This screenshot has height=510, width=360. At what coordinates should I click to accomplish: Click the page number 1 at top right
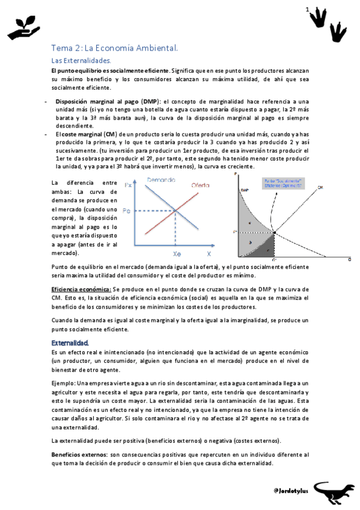307,10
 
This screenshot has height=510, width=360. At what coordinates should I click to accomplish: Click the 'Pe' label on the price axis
126,211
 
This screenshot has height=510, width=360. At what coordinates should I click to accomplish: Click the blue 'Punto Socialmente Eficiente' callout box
282,183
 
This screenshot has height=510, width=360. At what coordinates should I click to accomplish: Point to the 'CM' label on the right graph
320,188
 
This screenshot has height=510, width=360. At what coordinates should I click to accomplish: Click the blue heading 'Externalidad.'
70,343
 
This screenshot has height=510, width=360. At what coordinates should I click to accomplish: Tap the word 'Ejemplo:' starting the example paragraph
63,382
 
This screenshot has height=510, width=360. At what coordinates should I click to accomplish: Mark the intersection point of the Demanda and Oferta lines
175,210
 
